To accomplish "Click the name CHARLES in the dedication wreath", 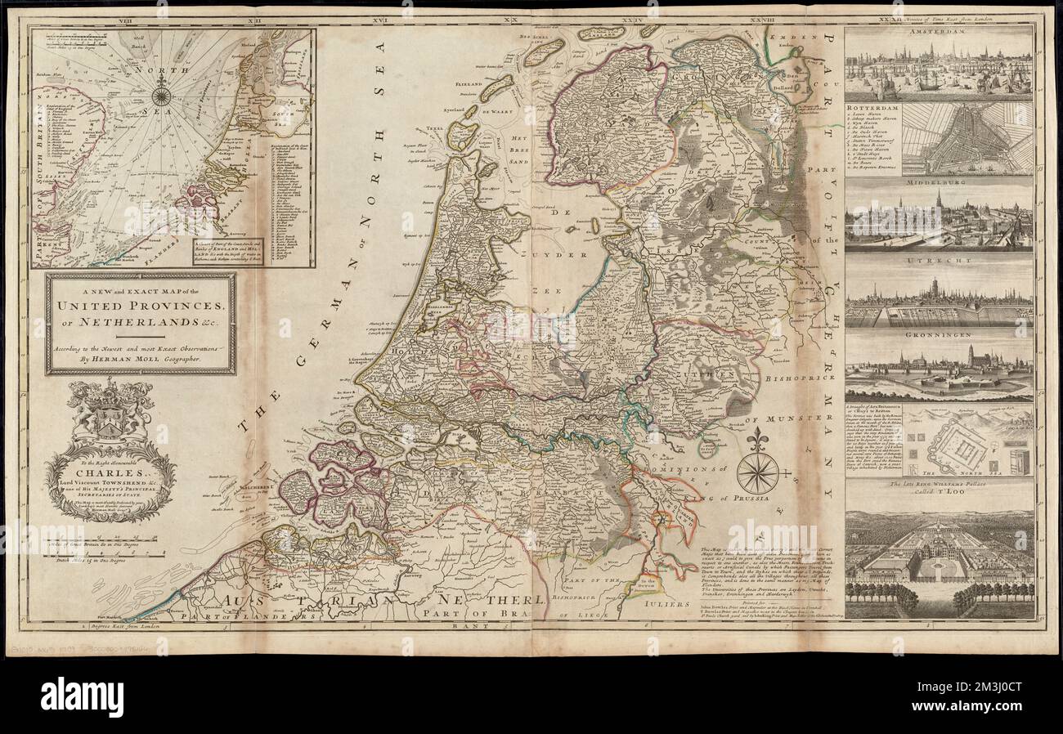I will pos(110,471).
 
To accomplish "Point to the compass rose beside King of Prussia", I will pos(757,472).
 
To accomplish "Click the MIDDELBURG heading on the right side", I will pos(939,181).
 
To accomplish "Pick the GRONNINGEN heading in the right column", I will pos(939,334).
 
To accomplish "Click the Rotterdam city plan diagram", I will pos(967,137).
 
